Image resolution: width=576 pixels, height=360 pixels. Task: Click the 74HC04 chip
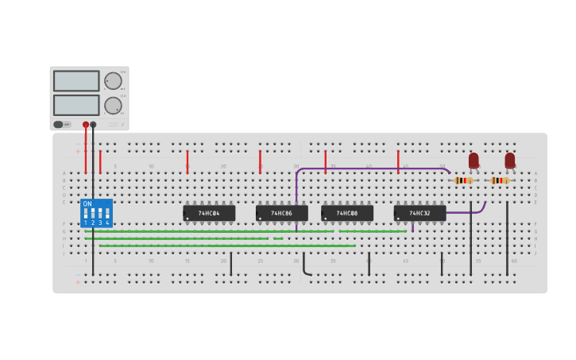tap(209, 213)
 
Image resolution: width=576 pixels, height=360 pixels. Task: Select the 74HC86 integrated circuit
tap(281, 213)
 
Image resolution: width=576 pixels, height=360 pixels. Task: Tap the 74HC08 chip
tap(347, 213)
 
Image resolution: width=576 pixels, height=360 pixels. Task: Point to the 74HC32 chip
tap(419, 213)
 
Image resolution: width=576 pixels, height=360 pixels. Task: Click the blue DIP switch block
tap(96, 214)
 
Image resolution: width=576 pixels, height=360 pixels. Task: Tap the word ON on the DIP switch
tap(87, 204)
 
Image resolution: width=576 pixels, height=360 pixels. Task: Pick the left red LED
tap(474, 161)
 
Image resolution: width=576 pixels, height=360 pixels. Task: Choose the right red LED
tap(509, 161)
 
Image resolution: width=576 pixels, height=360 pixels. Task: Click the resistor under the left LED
tap(463, 180)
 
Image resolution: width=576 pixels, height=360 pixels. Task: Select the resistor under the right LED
tap(499, 180)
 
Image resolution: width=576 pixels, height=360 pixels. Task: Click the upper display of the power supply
tap(76, 81)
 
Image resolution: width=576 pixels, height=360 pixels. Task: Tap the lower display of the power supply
tap(76, 105)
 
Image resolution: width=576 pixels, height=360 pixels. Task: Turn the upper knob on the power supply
tap(114, 81)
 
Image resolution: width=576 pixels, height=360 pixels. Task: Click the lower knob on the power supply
tap(114, 105)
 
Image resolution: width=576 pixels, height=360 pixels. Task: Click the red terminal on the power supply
tap(86, 125)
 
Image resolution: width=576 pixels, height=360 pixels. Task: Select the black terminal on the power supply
tap(93, 125)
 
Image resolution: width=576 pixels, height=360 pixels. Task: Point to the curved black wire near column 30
tap(305, 269)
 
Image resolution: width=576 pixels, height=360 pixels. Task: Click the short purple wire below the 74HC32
tap(412, 226)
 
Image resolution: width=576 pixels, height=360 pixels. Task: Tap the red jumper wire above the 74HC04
tap(187, 161)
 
